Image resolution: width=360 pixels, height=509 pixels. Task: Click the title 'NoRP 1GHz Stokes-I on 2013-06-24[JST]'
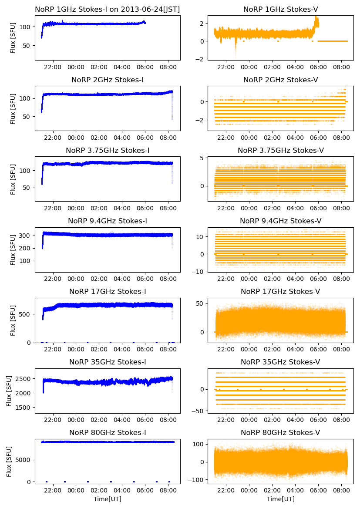(108, 9)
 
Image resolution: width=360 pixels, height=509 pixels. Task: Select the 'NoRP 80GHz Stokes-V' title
(280, 432)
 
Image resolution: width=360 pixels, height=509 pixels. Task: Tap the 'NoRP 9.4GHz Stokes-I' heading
(108, 221)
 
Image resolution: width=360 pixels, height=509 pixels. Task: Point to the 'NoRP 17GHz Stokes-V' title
(280, 291)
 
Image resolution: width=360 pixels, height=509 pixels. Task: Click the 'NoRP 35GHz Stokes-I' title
(108, 362)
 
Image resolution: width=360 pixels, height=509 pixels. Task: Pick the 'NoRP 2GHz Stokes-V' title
(280, 80)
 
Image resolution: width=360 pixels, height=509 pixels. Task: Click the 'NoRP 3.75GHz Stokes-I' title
(108, 150)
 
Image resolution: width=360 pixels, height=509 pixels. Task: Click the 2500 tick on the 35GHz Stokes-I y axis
(25, 378)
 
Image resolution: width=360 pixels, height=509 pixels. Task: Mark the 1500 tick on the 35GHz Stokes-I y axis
(25, 408)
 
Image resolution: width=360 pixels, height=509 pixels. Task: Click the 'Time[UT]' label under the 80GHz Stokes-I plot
(108, 499)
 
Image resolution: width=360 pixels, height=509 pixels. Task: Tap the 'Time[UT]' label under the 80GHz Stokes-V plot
(280, 499)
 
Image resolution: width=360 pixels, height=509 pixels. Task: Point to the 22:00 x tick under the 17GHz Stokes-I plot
(53, 349)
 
